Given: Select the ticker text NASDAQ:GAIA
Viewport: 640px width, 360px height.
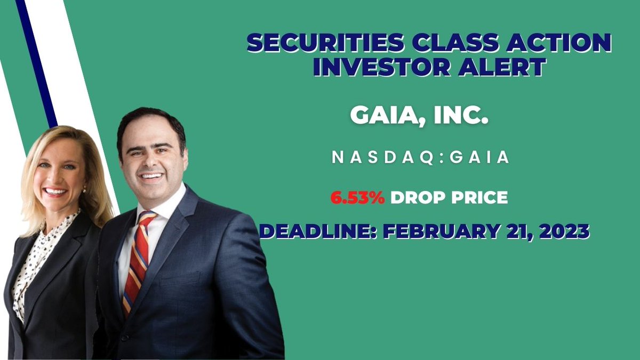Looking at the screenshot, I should [420, 158].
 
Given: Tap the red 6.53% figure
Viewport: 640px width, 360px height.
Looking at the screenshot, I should [357, 198].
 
